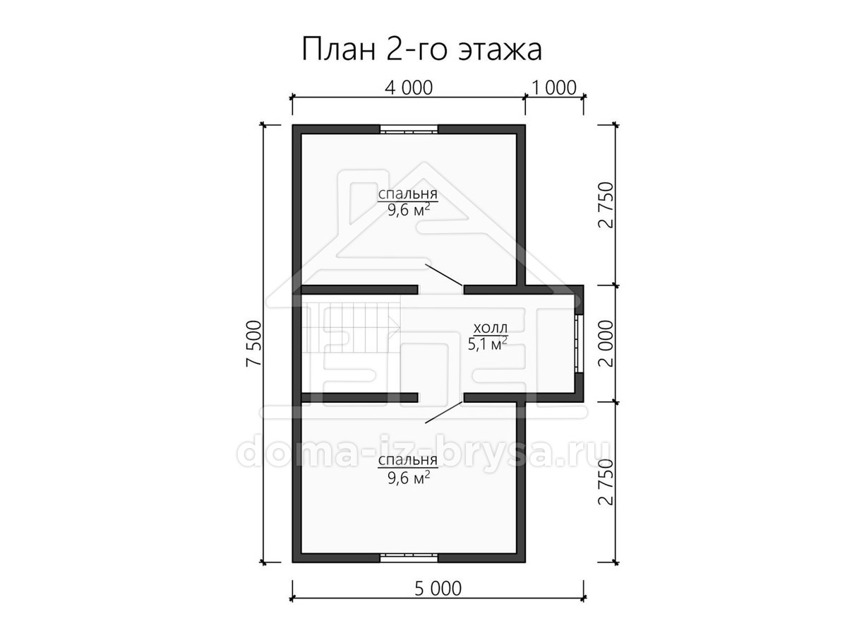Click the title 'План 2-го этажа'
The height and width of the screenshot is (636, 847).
(421, 49)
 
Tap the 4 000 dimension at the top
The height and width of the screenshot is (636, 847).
(409, 88)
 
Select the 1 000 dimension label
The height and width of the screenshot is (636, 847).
(554, 88)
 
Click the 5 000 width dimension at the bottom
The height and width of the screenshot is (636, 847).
(438, 589)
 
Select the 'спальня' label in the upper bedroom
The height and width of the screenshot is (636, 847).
(407, 194)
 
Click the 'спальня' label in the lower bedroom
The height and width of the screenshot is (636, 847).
(407, 460)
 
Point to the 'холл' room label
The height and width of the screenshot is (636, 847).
(491, 328)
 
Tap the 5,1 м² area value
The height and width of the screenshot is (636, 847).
(487, 343)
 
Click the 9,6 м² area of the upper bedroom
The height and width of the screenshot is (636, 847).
(409, 210)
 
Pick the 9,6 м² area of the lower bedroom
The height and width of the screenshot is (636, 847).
(409, 478)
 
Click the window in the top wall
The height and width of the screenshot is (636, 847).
(409, 129)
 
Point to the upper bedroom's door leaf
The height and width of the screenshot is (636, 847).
(444, 275)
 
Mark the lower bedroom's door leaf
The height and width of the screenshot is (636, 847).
(444, 412)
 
